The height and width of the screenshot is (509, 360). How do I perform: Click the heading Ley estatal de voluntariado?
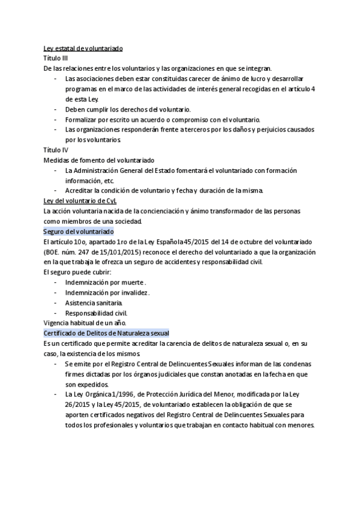coord(83,48)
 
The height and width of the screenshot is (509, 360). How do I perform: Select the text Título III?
coord(56,58)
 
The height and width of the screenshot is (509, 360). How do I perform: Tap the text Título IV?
coord(56,149)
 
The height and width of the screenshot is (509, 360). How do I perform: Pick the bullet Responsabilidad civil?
coord(96,313)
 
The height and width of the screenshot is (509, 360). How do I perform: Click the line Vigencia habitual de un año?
coord(85,322)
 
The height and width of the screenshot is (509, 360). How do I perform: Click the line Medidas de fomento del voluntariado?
coord(99,160)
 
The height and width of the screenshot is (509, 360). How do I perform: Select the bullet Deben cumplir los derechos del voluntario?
coord(127,109)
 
